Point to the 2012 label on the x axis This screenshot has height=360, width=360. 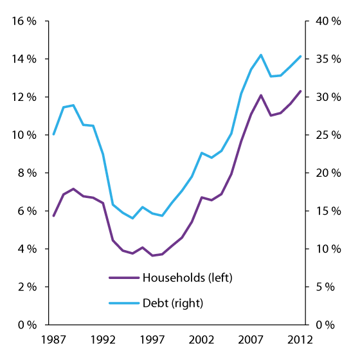[300, 339]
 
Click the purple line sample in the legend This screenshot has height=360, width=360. [123, 278]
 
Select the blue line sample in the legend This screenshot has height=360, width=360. [123, 301]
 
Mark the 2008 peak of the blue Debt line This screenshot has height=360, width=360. [260, 55]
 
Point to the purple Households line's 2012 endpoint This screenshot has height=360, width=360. [300, 91]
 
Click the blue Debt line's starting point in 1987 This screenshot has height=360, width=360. [53, 134]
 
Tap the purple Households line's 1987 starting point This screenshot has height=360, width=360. [53, 216]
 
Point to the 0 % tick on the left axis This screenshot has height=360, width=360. [26, 325]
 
